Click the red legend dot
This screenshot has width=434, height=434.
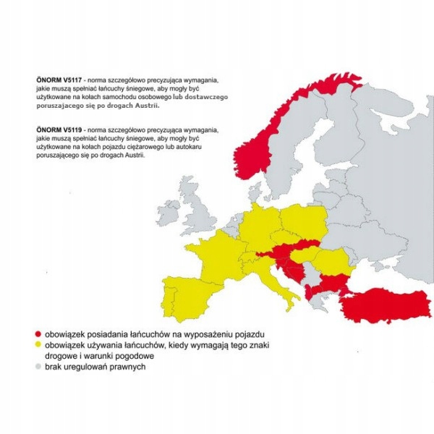pos(36,336)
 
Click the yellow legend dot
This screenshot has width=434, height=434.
pos(36,346)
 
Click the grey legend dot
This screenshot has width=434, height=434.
pos(36,367)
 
